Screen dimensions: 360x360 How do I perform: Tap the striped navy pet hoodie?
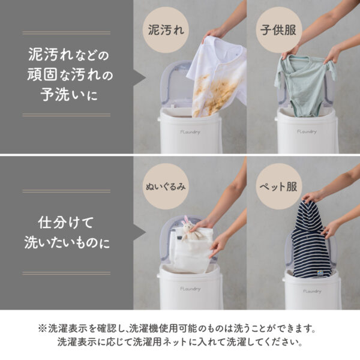tap(311, 243)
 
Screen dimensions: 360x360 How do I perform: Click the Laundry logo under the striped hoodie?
tap(311, 291)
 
